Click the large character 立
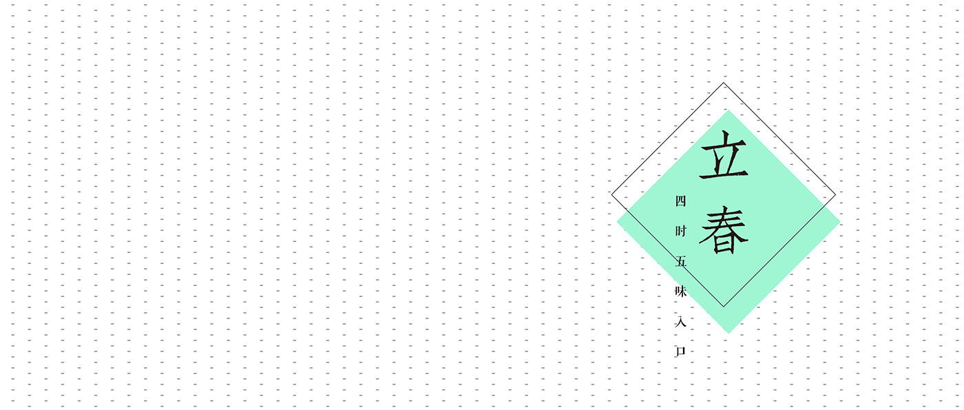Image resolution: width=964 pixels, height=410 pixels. [x=724, y=156]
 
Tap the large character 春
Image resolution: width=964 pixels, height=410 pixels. [x=724, y=230]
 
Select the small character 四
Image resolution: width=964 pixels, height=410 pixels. [x=681, y=201]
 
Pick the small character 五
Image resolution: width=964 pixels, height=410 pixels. [x=681, y=262]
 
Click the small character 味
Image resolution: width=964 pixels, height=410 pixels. [x=681, y=291]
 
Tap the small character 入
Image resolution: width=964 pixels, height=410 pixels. [x=681, y=322]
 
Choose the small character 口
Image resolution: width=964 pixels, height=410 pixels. [x=681, y=351]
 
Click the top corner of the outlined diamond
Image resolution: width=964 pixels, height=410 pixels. [x=723, y=83]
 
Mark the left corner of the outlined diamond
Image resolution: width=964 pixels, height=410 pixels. [x=611, y=194]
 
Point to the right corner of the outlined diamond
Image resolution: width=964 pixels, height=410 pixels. [x=835, y=194]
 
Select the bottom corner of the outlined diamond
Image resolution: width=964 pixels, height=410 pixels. [x=723, y=307]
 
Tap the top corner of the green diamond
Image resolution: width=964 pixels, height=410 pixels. [x=729, y=110]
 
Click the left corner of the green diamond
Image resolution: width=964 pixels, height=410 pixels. [x=617, y=222]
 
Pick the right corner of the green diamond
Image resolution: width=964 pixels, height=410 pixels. [x=840, y=222]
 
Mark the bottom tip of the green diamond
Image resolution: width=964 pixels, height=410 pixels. [x=729, y=334]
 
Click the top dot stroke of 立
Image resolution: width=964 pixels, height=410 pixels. [x=723, y=135]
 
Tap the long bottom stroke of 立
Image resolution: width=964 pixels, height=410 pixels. [x=724, y=177]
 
